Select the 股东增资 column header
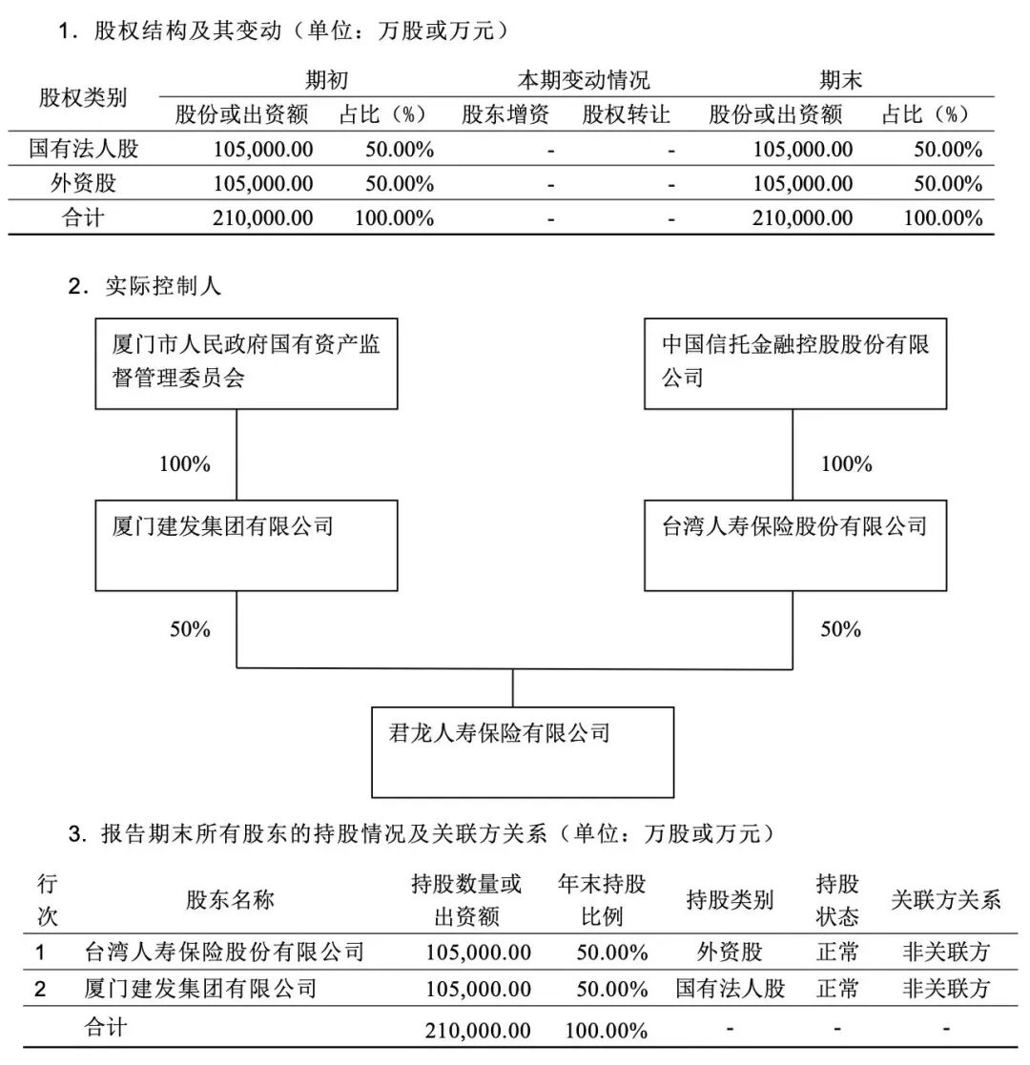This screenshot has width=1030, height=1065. [x=505, y=115]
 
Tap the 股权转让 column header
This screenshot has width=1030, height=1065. [x=626, y=115]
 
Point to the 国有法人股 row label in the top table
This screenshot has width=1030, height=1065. [x=83, y=149]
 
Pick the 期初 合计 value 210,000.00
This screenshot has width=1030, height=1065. [x=262, y=217]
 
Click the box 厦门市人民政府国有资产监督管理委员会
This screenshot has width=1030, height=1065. [x=246, y=362]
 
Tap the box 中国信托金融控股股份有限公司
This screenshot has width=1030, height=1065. [x=795, y=362]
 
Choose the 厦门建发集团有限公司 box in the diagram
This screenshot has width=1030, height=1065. [x=246, y=543]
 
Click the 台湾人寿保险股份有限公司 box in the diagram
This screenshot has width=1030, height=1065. [x=795, y=543]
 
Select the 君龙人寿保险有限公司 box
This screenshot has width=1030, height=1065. [x=522, y=751]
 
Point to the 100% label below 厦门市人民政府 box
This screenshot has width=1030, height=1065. [x=185, y=464]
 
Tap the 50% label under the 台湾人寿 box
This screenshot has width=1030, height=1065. [x=840, y=629]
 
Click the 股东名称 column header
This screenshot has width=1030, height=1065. [x=230, y=899]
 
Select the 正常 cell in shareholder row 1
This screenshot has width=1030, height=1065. [x=837, y=952]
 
